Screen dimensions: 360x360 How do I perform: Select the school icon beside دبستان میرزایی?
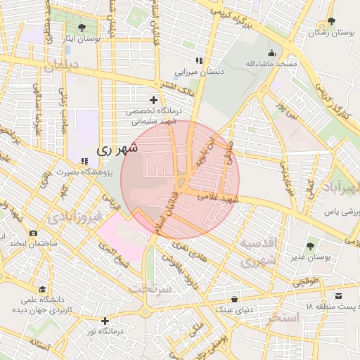point(199,60)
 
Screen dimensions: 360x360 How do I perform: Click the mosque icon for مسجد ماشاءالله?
point(271,53)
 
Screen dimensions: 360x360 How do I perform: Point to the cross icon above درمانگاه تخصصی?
point(154,101)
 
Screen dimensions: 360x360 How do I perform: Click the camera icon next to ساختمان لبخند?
point(33,233)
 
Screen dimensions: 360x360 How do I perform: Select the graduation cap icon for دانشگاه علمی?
point(43,289)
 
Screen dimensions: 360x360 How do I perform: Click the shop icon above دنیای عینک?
point(234,300)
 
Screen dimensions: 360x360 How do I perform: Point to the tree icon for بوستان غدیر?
point(310,246)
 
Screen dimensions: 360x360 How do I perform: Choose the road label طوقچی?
point(305,281)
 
